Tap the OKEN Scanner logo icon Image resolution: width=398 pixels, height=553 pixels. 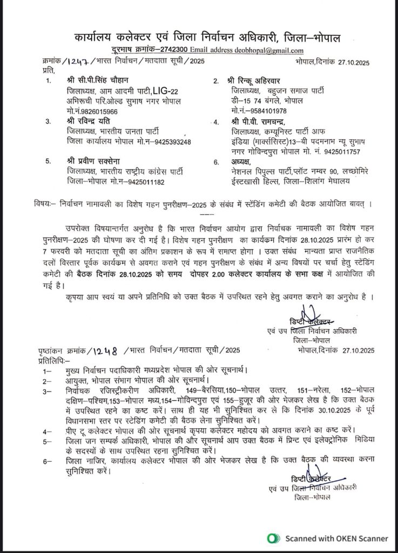pyautogui.click(x=275, y=538)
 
